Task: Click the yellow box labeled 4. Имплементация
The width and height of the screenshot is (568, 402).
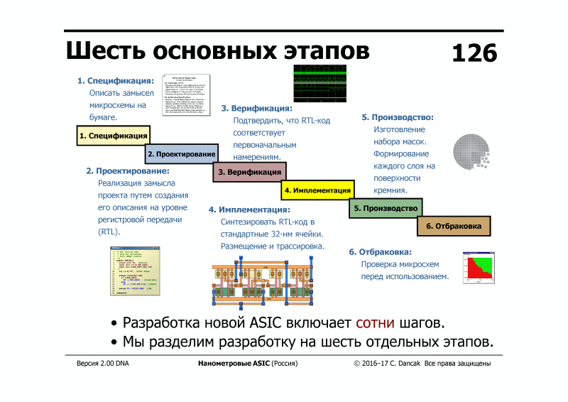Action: click(317, 190)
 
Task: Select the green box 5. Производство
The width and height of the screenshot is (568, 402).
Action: click(386, 208)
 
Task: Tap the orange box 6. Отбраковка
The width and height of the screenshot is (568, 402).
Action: click(454, 226)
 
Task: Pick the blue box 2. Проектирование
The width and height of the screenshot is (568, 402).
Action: click(181, 153)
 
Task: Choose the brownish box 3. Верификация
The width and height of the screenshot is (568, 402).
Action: click(249, 172)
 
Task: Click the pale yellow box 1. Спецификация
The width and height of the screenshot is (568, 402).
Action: click(113, 136)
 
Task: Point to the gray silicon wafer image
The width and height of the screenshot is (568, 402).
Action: click(471, 152)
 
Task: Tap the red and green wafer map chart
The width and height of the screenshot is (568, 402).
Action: click(478, 268)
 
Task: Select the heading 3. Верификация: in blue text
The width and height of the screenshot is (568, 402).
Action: click(256, 109)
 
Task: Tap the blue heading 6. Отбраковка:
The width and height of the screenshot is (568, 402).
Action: click(380, 251)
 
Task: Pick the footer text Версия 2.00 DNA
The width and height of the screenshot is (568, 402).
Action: click(103, 364)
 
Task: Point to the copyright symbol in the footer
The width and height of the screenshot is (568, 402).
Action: click(357, 364)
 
